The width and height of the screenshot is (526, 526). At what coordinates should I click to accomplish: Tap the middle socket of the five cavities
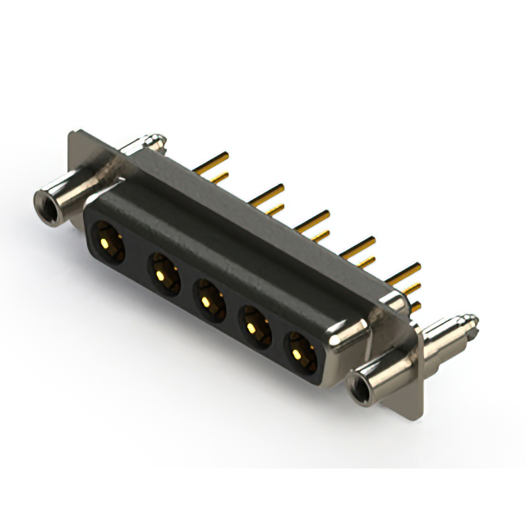click(209, 298)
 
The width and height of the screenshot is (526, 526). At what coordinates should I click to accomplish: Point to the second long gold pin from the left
click(267, 194)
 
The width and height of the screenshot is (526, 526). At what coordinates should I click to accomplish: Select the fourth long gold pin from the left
click(358, 244)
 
